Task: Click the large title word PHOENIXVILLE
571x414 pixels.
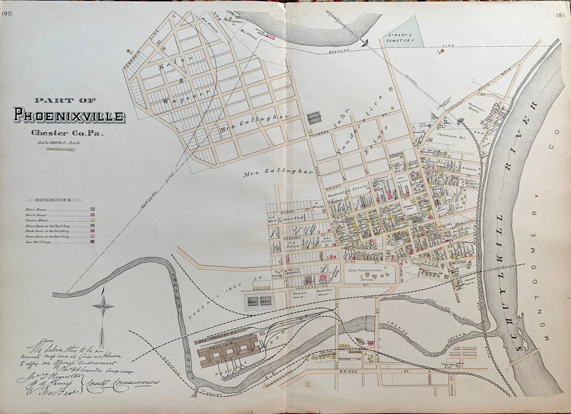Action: [69, 115]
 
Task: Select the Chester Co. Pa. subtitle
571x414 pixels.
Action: [67, 132]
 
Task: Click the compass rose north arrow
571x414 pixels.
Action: [103, 306]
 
